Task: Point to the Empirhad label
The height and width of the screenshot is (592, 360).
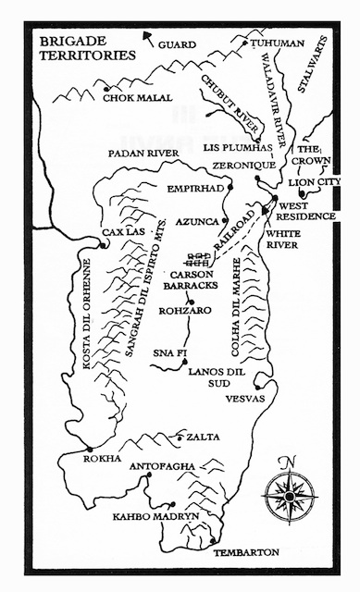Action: point(195,188)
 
